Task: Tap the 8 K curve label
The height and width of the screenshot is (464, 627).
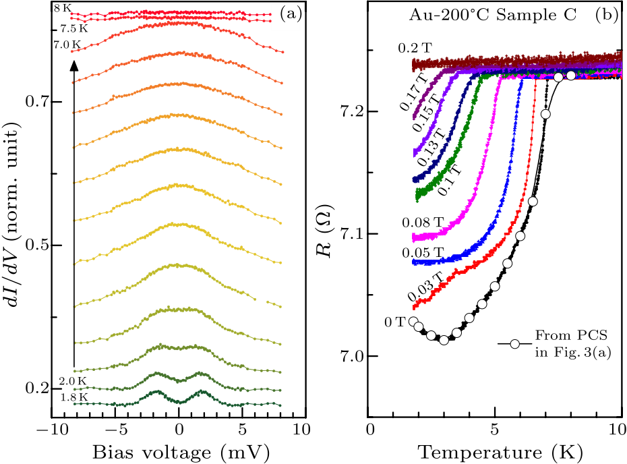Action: click(61, 9)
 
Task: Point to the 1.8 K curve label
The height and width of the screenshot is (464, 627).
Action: click(72, 397)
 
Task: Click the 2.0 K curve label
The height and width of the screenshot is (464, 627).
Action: click(72, 381)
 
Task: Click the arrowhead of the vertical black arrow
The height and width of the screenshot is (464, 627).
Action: click(74, 65)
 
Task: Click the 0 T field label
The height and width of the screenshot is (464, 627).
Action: click(394, 322)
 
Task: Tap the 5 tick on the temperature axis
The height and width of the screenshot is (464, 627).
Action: click(494, 429)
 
